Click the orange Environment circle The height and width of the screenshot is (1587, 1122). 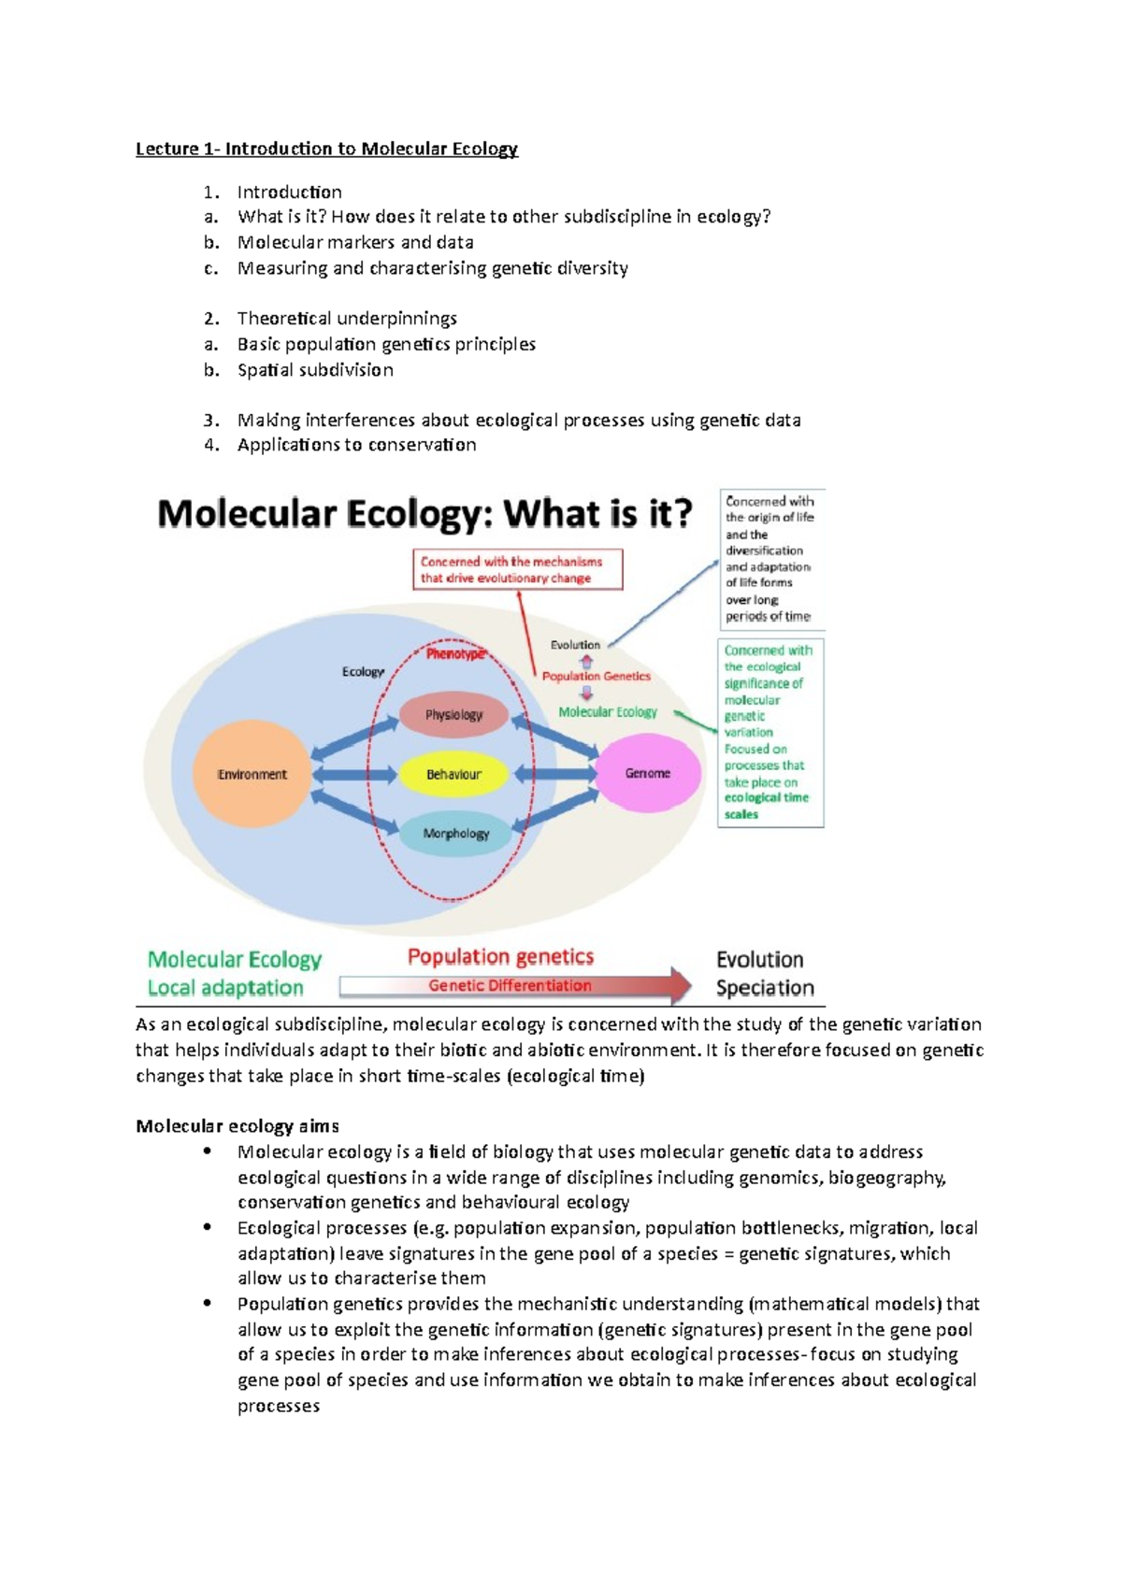(x=252, y=774)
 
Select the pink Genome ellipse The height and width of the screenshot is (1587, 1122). (x=648, y=773)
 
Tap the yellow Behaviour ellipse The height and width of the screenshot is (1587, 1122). (x=453, y=774)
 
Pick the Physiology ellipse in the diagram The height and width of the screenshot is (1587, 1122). (x=453, y=715)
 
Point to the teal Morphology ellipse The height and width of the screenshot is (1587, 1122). (x=455, y=834)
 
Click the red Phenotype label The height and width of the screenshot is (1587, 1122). (x=455, y=654)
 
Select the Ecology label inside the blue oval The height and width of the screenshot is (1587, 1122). (x=363, y=671)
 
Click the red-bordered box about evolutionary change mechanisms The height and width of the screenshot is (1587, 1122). (x=518, y=569)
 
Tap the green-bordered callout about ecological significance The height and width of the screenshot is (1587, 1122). (x=770, y=732)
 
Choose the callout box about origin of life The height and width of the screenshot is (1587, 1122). (x=770, y=558)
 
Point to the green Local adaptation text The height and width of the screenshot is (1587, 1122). (x=225, y=988)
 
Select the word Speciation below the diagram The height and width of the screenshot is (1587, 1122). (x=765, y=988)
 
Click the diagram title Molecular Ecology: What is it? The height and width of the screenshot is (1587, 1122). (x=425, y=513)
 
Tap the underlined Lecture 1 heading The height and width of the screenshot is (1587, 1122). (x=326, y=149)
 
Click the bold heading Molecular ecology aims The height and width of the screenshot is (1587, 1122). (x=237, y=1125)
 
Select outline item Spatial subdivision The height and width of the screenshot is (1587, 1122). (x=315, y=369)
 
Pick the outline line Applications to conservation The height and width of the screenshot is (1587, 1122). (x=356, y=445)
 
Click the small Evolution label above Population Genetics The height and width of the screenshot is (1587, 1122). (x=575, y=645)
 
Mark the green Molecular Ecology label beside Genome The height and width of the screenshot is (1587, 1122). (x=608, y=712)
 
